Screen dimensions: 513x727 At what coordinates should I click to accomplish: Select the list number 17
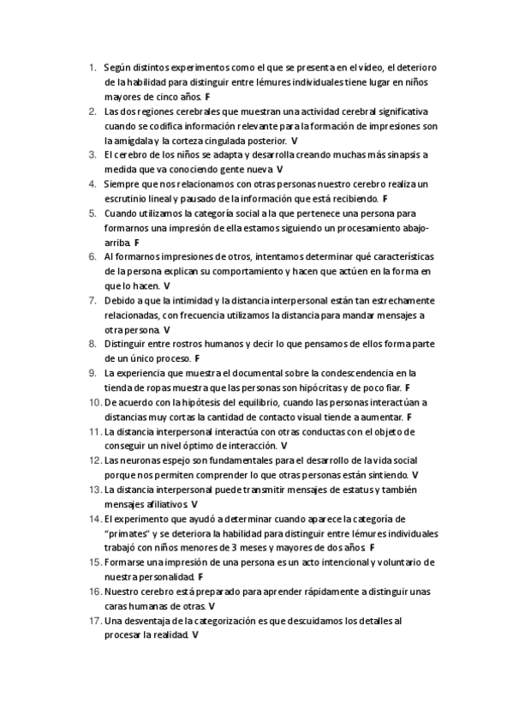(x=94, y=620)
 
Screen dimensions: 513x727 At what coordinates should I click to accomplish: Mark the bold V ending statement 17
(x=196, y=635)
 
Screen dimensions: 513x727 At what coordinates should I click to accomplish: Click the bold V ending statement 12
(x=415, y=475)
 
